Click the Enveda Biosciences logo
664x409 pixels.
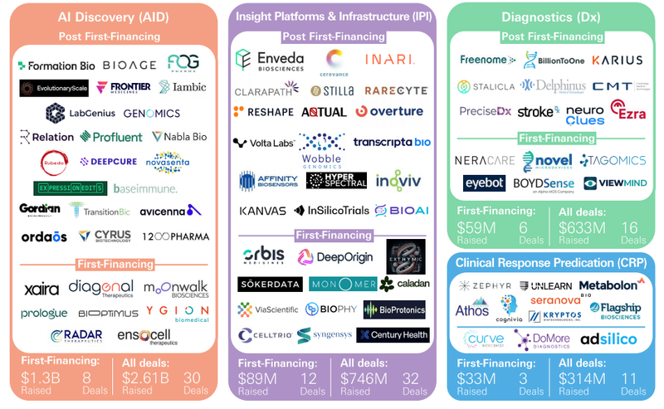pos(270,60)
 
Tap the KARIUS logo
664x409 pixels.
pos(618,60)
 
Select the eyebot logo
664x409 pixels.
pos(484,183)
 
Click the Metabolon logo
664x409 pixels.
pos(608,285)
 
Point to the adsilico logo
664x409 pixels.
pos(608,339)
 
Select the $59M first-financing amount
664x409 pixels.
pos(474,226)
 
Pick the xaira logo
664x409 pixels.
pos(41,289)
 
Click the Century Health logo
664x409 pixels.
pos(393,335)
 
